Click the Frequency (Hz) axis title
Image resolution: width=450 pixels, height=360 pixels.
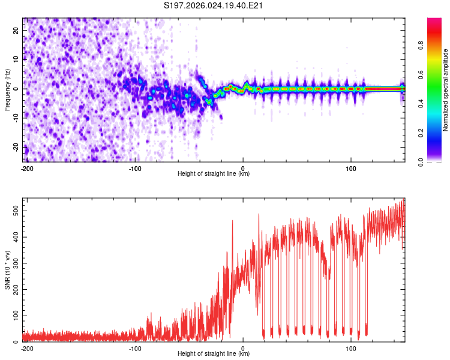(7, 89)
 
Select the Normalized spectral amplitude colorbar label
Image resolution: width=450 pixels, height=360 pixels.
(445, 90)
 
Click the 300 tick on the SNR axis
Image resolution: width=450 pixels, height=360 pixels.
(14, 263)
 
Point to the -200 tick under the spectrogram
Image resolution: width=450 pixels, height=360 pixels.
(26, 168)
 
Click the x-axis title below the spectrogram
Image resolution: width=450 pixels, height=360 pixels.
(214, 174)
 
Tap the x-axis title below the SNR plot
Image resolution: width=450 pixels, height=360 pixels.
(214, 354)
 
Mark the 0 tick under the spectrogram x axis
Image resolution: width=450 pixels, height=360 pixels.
(243, 168)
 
